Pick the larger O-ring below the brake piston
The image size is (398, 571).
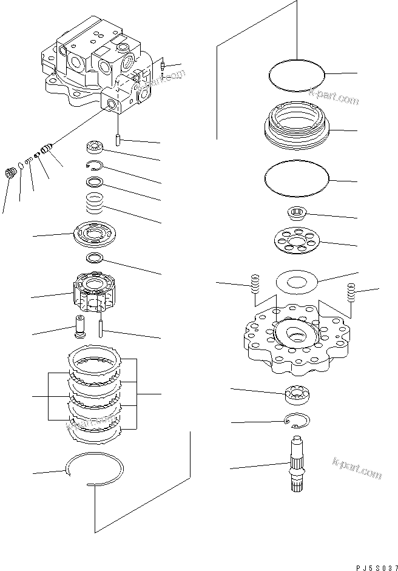297,180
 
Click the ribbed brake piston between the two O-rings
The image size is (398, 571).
297,124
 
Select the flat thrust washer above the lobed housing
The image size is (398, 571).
297,283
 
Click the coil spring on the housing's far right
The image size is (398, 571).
351,292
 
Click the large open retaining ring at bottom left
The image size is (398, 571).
95,470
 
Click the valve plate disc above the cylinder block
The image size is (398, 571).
95,235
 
